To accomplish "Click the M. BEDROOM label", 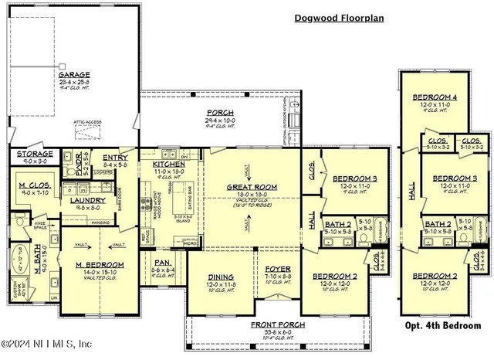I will (x=96, y=265).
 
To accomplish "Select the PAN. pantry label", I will (x=164, y=262).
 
